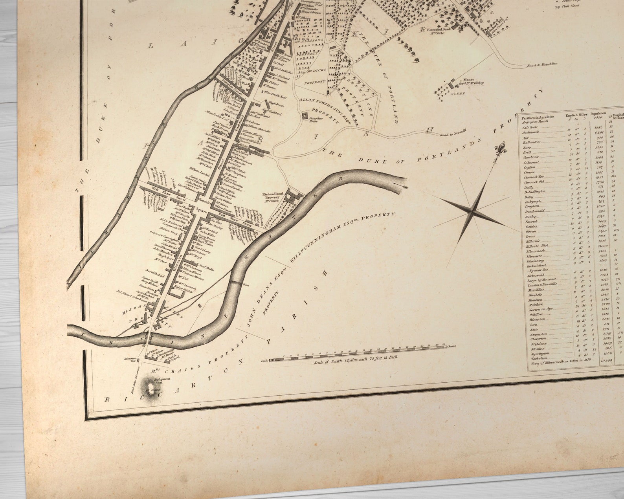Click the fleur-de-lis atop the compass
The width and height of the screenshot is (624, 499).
500,150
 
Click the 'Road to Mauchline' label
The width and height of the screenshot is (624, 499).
542,65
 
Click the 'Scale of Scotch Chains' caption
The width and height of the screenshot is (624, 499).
356,358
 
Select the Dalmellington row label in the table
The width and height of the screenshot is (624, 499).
536,191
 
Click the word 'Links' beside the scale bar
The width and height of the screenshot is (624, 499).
263,360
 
